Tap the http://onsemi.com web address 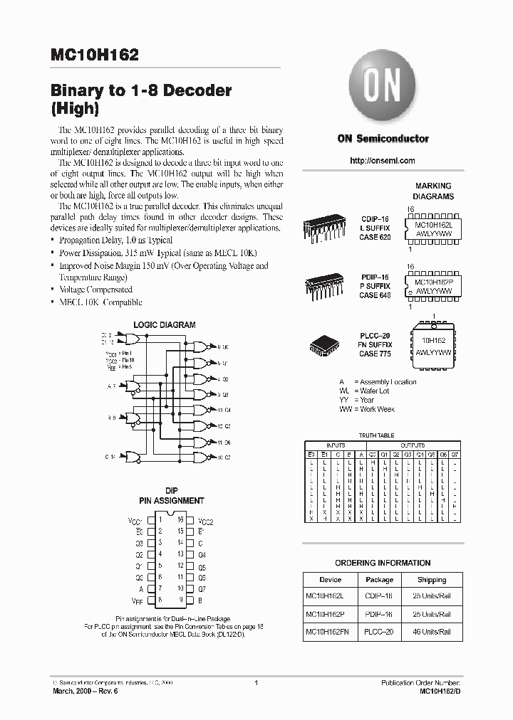pos(383,161)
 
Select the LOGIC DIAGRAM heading pos(165,325)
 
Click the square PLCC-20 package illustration pos(328,344)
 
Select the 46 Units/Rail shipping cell pos(432,632)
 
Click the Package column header pos(379,580)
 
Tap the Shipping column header pos(432,580)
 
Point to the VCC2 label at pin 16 pos(206,522)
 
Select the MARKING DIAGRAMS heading pos(434,191)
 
